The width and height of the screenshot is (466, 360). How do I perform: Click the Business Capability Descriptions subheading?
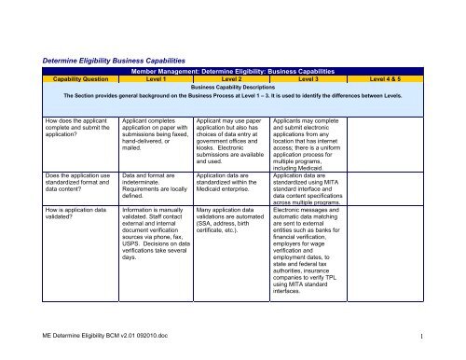[233, 90]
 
